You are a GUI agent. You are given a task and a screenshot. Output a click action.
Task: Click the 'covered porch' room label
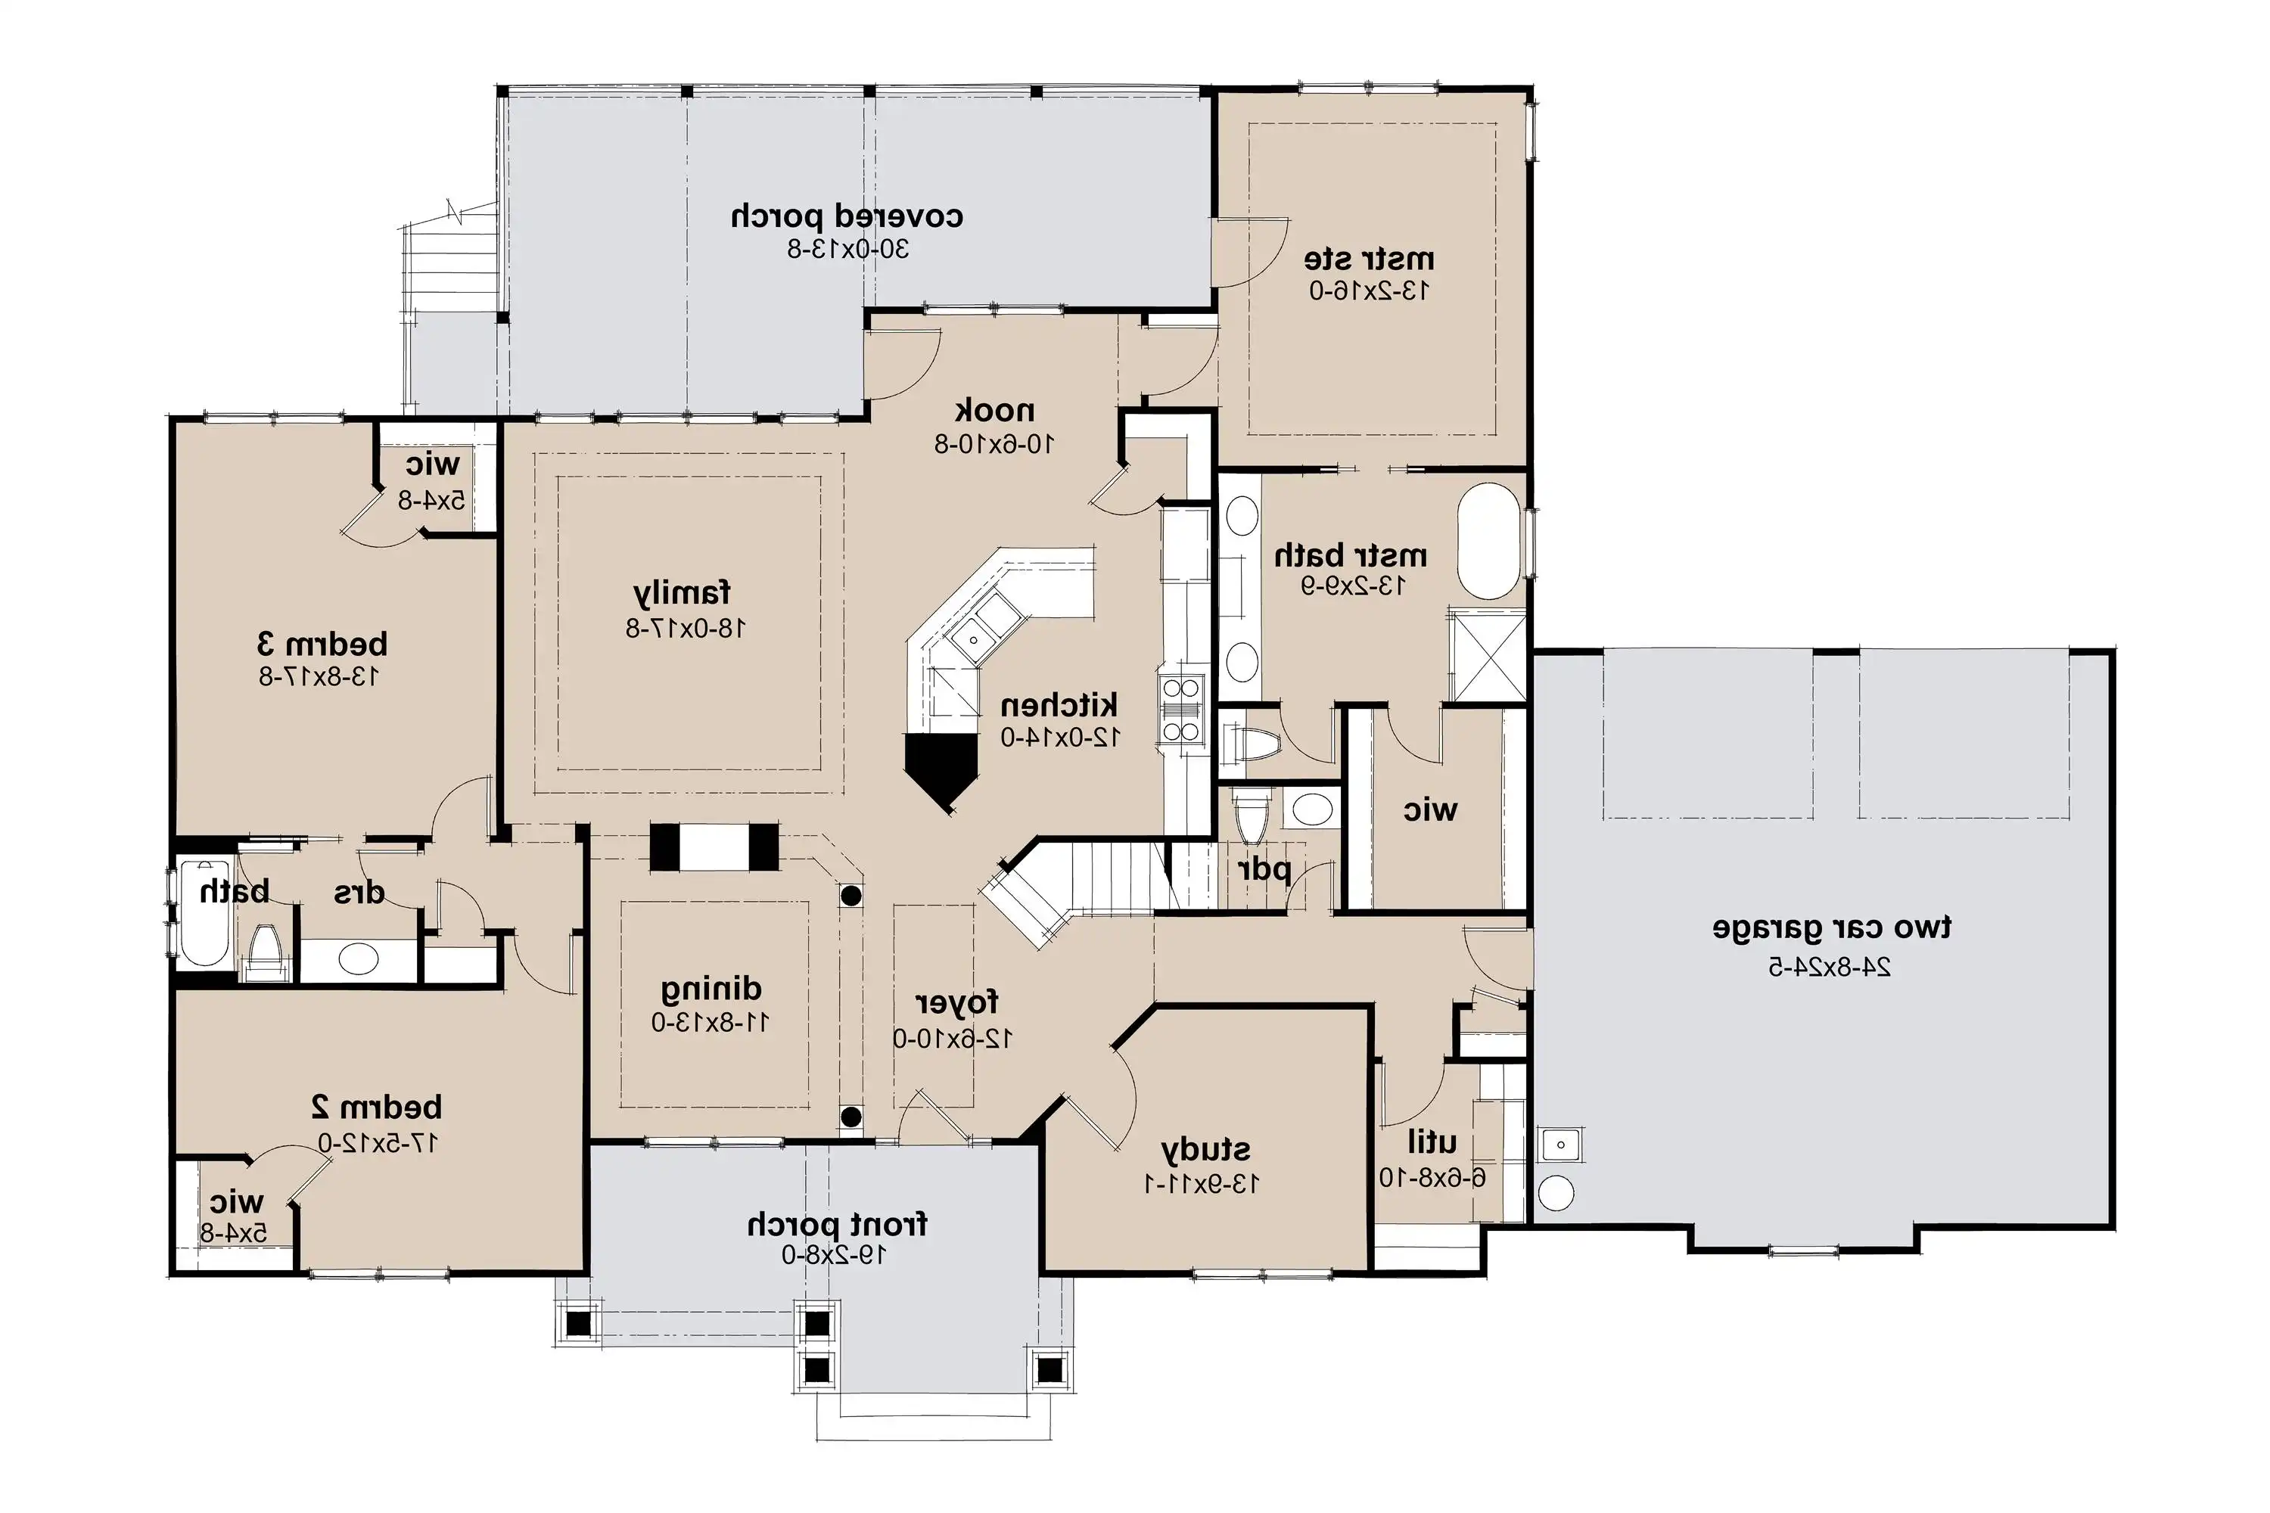[x=847, y=216]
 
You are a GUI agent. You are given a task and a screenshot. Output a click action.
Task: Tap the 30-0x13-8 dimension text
[x=847, y=250]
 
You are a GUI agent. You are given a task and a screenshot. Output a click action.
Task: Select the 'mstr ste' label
[x=1369, y=259]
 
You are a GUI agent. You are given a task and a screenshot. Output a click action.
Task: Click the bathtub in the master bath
[x=1488, y=542]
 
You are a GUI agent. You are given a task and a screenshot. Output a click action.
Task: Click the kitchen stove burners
[x=1182, y=710]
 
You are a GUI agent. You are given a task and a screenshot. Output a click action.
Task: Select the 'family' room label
[x=683, y=592]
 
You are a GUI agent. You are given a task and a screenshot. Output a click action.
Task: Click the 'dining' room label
[x=711, y=989]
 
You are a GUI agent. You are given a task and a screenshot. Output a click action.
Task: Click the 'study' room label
[x=1205, y=1150]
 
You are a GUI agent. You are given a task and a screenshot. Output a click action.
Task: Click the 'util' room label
[x=1432, y=1142]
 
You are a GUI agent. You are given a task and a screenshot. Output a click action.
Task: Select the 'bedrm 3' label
[x=322, y=644]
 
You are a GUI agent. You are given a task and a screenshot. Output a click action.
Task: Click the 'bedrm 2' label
[x=376, y=1107]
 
